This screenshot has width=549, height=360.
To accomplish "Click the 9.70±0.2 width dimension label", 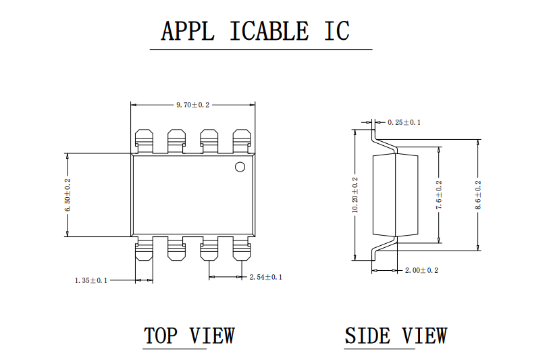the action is [x=192, y=105].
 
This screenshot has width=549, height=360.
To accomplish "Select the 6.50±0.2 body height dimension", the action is [x=68, y=195].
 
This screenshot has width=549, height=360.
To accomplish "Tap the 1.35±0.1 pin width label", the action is [x=91, y=280].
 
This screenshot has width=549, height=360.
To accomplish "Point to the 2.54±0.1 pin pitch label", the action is [x=266, y=277].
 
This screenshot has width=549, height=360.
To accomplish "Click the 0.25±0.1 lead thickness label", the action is [x=404, y=122].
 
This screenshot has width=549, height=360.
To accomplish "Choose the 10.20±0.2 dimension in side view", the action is [x=355, y=195].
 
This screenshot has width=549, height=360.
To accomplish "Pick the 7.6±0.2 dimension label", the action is [x=439, y=195].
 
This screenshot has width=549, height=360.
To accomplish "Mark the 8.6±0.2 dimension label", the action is [x=478, y=195].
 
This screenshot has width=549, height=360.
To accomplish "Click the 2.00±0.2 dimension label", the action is [x=421, y=270].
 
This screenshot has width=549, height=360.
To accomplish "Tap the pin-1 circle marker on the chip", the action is [x=240, y=167].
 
